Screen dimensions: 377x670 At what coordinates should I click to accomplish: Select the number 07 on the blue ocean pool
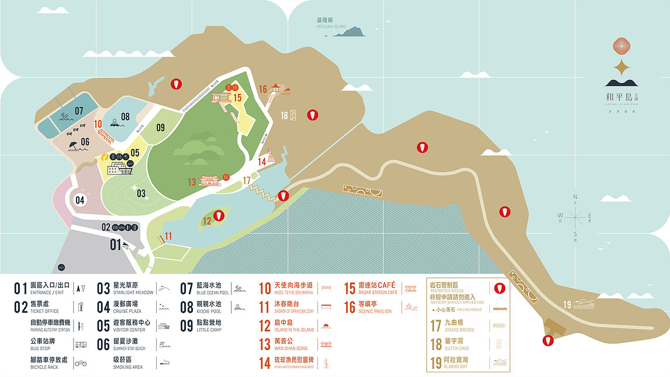(x=79, y=110)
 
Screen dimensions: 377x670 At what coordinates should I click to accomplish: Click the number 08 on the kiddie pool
(x=126, y=116)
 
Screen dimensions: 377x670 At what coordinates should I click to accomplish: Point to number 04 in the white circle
(x=80, y=200)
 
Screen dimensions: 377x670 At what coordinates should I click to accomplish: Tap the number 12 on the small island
(x=206, y=220)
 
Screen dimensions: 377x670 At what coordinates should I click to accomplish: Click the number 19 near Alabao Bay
(x=567, y=304)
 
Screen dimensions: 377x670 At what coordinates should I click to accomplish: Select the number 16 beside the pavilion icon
(x=263, y=89)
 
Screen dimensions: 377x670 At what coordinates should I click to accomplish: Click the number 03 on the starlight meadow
(x=141, y=193)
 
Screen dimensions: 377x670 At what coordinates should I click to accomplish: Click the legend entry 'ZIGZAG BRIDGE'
(x=460, y=330)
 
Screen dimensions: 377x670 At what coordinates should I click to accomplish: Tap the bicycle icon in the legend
(x=81, y=363)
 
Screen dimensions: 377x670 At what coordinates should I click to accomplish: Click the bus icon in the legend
(x=81, y=344)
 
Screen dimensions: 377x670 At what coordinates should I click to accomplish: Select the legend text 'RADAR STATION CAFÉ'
(x=378, y=292)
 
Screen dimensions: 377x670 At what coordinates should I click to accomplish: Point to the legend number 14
(x=265, y=363)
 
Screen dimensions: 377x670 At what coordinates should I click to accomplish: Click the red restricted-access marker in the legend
(x=499, y=288)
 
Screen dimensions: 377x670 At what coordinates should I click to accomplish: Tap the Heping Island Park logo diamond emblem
(x=621, y=46)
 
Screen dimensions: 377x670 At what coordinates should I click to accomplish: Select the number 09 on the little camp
(x=160, y=127)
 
